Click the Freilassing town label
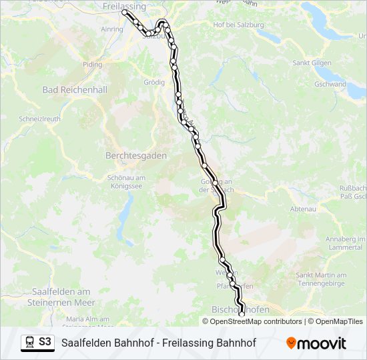tap(124, 5)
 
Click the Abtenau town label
tap(303, 209)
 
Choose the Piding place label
tap(93, 65)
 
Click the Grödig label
tap(154, 83)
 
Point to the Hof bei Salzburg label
tap(238, 25)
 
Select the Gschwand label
tap(330, 85)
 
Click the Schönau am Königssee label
tap(126, 182)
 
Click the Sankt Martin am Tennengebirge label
tap(321, 279)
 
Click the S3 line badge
tap(45, 342)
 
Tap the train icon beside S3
tap(29, 343)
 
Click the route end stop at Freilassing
tap(124, 12)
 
